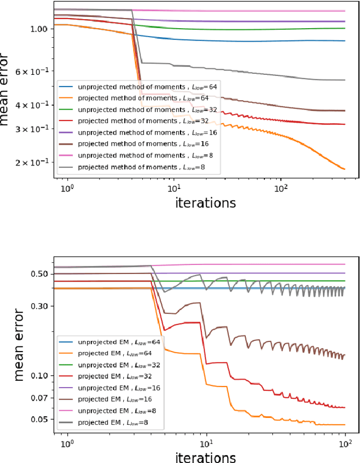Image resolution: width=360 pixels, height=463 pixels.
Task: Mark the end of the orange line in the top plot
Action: pyautogui.click(x=344, y=169)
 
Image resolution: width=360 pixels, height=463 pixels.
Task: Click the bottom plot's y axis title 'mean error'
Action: pyautogui.click(x=19, y=344)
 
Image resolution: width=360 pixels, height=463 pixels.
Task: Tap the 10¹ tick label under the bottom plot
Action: pyautogui.click(x=206, y=441)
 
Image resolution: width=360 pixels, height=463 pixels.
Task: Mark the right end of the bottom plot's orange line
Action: pyautogui.click(x=344, y=425)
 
